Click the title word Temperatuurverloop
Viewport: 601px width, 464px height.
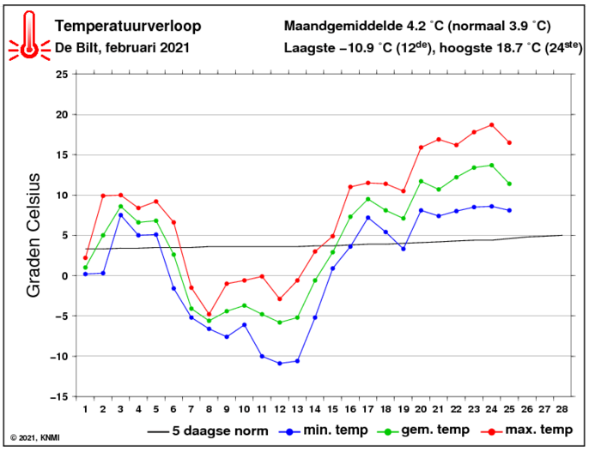(127, 26)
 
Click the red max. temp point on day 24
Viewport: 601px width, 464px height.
(492, 125)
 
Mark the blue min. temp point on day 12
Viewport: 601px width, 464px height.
(279, 364)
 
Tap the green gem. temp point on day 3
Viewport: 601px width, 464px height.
(120, 206)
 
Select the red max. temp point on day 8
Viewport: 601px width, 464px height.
(209, 314)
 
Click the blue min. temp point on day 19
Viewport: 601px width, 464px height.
(403, 248)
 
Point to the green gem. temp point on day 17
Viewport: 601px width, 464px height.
(367, 199)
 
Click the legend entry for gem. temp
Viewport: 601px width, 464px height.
(430, 430)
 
